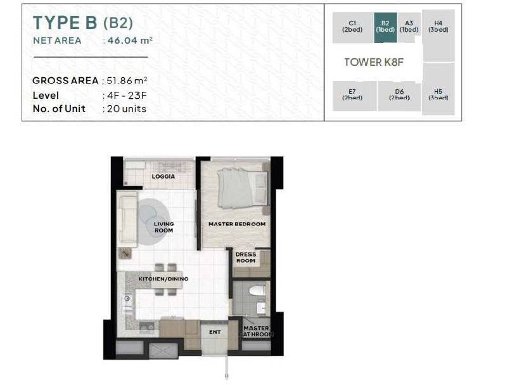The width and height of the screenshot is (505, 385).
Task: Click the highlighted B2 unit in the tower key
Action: coord(385,28)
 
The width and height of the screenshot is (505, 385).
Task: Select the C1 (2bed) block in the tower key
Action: coord(353,28)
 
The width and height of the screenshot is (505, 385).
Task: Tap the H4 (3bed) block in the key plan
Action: coord(438,35)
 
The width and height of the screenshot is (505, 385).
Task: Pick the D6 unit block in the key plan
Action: coord(399,96)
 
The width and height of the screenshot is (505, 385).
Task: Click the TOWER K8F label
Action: coord(374,62)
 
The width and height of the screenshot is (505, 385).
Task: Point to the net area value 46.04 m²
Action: coord(130,41)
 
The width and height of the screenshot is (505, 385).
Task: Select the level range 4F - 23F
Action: coord(127,96)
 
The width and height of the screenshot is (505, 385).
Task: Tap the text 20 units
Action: coord(127,109)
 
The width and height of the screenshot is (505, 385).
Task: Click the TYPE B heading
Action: coord(65,23)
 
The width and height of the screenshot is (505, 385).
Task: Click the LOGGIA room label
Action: coord(163,177)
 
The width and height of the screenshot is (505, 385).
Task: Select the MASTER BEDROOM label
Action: coord(237,224)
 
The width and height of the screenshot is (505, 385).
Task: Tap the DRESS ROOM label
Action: coord(246,258)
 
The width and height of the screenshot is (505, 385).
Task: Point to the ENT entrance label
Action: coord(215,332)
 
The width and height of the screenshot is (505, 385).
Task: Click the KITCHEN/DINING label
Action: coord(163,279)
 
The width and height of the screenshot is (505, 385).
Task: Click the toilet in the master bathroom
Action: coord(257,291)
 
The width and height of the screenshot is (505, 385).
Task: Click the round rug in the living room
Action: coord(153,222)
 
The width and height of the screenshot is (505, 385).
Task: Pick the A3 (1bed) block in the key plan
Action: coord(409,27)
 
